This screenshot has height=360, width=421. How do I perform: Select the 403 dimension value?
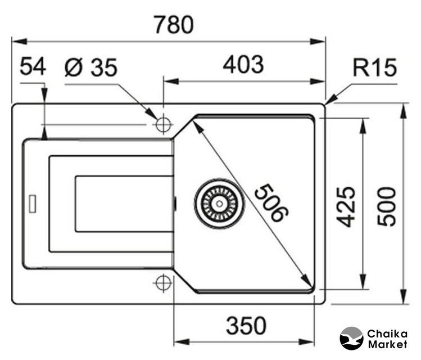(243, 65)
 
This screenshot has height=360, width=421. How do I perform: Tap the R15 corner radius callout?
(375, 68)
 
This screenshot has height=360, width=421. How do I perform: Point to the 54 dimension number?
(33, 67)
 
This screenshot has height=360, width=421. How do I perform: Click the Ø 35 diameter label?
(91, 67)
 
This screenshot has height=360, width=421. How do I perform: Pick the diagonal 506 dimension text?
(270, 203)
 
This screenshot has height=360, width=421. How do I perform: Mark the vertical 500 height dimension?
(386, 206)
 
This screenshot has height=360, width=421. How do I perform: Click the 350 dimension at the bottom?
(246, 325)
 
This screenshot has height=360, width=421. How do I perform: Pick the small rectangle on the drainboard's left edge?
(33, 204)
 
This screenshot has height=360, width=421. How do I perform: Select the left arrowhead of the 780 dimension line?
(17, 40)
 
